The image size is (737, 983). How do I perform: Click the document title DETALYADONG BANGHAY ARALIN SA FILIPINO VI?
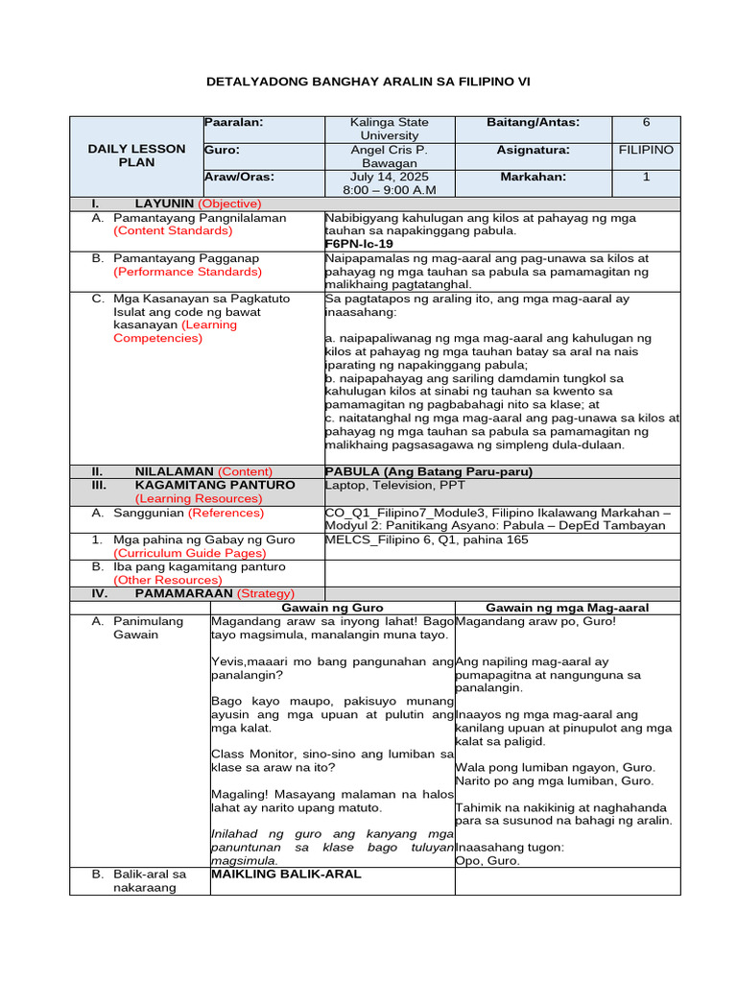pyautogui.click(x=368, y=82)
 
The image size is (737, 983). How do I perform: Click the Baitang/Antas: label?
pyautogui.click(x=534, y=123)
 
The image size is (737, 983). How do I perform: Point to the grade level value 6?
pyautogui.click(x=646, y=123)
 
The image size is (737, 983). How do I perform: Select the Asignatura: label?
pyautogui.click(x=534, y=151)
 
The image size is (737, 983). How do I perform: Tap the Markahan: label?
pyautogui.click(x=534, y=178)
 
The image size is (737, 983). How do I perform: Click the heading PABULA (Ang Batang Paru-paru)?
pyautogui.click(x=428, y=471)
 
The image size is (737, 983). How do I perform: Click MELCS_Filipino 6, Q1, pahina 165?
pyautogui.click(x=427, y=539)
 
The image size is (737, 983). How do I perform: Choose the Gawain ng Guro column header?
pyautogui.click(x=331, y=608)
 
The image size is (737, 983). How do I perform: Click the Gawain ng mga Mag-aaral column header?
pyautogui.click(x=567, y=608)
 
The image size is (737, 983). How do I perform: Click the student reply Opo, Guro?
pyautogui.click(x=487, y=861)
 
